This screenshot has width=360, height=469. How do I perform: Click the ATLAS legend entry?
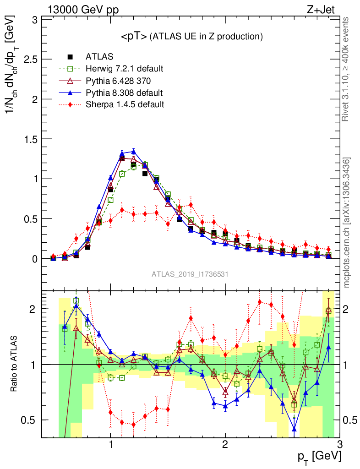pos(99,57)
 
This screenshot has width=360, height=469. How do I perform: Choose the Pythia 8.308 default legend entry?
pos(124,93)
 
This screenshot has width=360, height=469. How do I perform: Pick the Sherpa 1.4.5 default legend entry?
pos(125,104)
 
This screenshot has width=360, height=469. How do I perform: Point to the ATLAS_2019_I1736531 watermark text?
pos(190,274)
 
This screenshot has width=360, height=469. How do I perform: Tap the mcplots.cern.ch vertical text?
pos(347,223)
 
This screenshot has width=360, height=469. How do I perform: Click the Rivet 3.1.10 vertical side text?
pos(347,70)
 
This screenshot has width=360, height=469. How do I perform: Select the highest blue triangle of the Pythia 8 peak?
pos(133,151)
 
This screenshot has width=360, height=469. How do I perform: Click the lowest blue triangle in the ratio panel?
pos(294,429)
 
